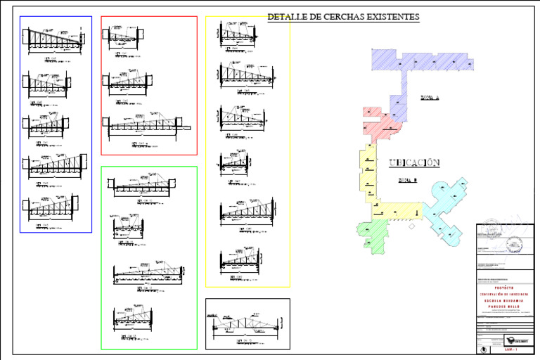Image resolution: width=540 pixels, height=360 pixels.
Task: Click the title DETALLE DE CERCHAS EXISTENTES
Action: (343, 16)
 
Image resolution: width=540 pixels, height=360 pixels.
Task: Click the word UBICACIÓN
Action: (414, 163)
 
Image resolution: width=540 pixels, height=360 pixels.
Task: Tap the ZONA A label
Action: (429, 98)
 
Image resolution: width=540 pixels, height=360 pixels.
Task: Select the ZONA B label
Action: (409, 180)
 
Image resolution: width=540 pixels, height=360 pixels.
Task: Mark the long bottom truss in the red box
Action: (148, 125)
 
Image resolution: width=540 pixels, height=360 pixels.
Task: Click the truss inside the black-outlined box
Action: (246, 324)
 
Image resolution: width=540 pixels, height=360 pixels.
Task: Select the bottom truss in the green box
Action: (134, 318)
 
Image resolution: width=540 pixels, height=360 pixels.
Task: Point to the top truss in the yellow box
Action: (240, 32)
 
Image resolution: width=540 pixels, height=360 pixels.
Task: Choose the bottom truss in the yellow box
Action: (239, 258)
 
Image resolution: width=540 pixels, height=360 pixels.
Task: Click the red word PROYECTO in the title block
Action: (504, 288)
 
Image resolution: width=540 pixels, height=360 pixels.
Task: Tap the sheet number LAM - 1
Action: (511, 349)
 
